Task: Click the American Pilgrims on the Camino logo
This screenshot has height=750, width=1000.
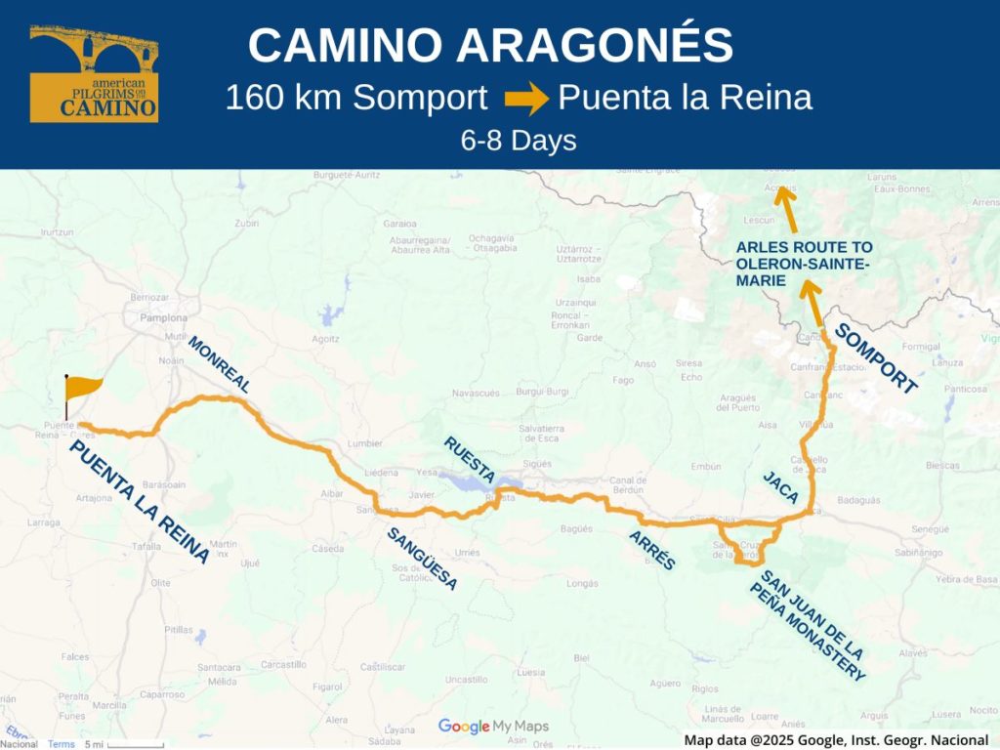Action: pos(94,74)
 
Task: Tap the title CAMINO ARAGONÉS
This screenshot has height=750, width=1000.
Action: pos(490,46)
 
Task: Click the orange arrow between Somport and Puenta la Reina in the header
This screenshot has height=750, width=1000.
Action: pos(525,99)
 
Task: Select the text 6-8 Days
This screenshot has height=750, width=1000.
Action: pos(519,141)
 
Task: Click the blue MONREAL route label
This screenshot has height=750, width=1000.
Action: pos(219,364)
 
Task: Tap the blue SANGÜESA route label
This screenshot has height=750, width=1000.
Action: pos(422,559)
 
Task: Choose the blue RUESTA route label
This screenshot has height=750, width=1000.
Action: pos(470,459)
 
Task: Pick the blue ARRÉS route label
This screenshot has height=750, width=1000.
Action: pos(651,550)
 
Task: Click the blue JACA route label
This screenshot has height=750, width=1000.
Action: pos(780,486)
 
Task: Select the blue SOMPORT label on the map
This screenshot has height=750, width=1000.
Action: pos(877,358)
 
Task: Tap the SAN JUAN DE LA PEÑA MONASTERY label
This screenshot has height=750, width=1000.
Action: pos(809,626)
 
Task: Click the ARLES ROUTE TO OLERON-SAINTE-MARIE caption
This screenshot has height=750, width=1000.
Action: pos(805,264)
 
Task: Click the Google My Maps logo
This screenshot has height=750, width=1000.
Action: pos(493,726)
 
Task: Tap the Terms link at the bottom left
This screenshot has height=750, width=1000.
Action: pos(62,744)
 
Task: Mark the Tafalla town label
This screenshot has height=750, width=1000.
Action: pos(146,547)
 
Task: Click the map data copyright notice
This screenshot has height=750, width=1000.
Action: pos(836,740)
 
